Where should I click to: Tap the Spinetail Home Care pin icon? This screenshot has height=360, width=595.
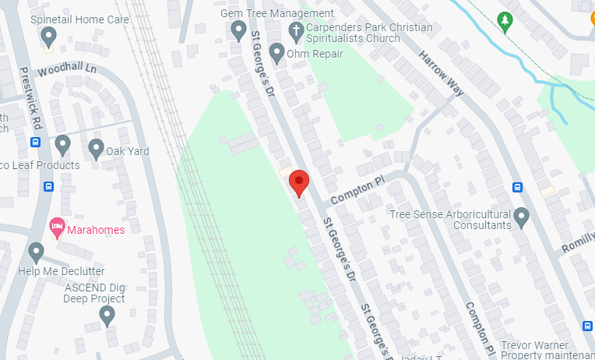click(48, 35)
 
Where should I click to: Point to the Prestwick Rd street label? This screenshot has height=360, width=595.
click(30, 97)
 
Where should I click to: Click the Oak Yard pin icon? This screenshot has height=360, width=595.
click(96, 147)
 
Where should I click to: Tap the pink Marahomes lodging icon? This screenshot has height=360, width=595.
click(56, 228)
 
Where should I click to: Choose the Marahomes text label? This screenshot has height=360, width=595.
click(96, 229)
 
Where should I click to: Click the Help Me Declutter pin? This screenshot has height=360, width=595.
click(36, 252)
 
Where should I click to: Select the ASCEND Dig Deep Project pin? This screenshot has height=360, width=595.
click(107, 315)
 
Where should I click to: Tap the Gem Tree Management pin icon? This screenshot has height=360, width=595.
click(239, 30)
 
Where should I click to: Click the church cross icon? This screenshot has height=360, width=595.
click(295, 31)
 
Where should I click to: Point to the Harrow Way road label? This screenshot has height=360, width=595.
click(442, 73)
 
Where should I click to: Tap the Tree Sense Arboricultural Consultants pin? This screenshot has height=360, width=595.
click(522, 217)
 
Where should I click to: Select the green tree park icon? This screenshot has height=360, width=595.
click(505, 20)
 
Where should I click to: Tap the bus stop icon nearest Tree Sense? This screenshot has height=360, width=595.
click(517, 187)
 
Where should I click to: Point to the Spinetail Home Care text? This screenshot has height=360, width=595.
click(79, 19)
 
